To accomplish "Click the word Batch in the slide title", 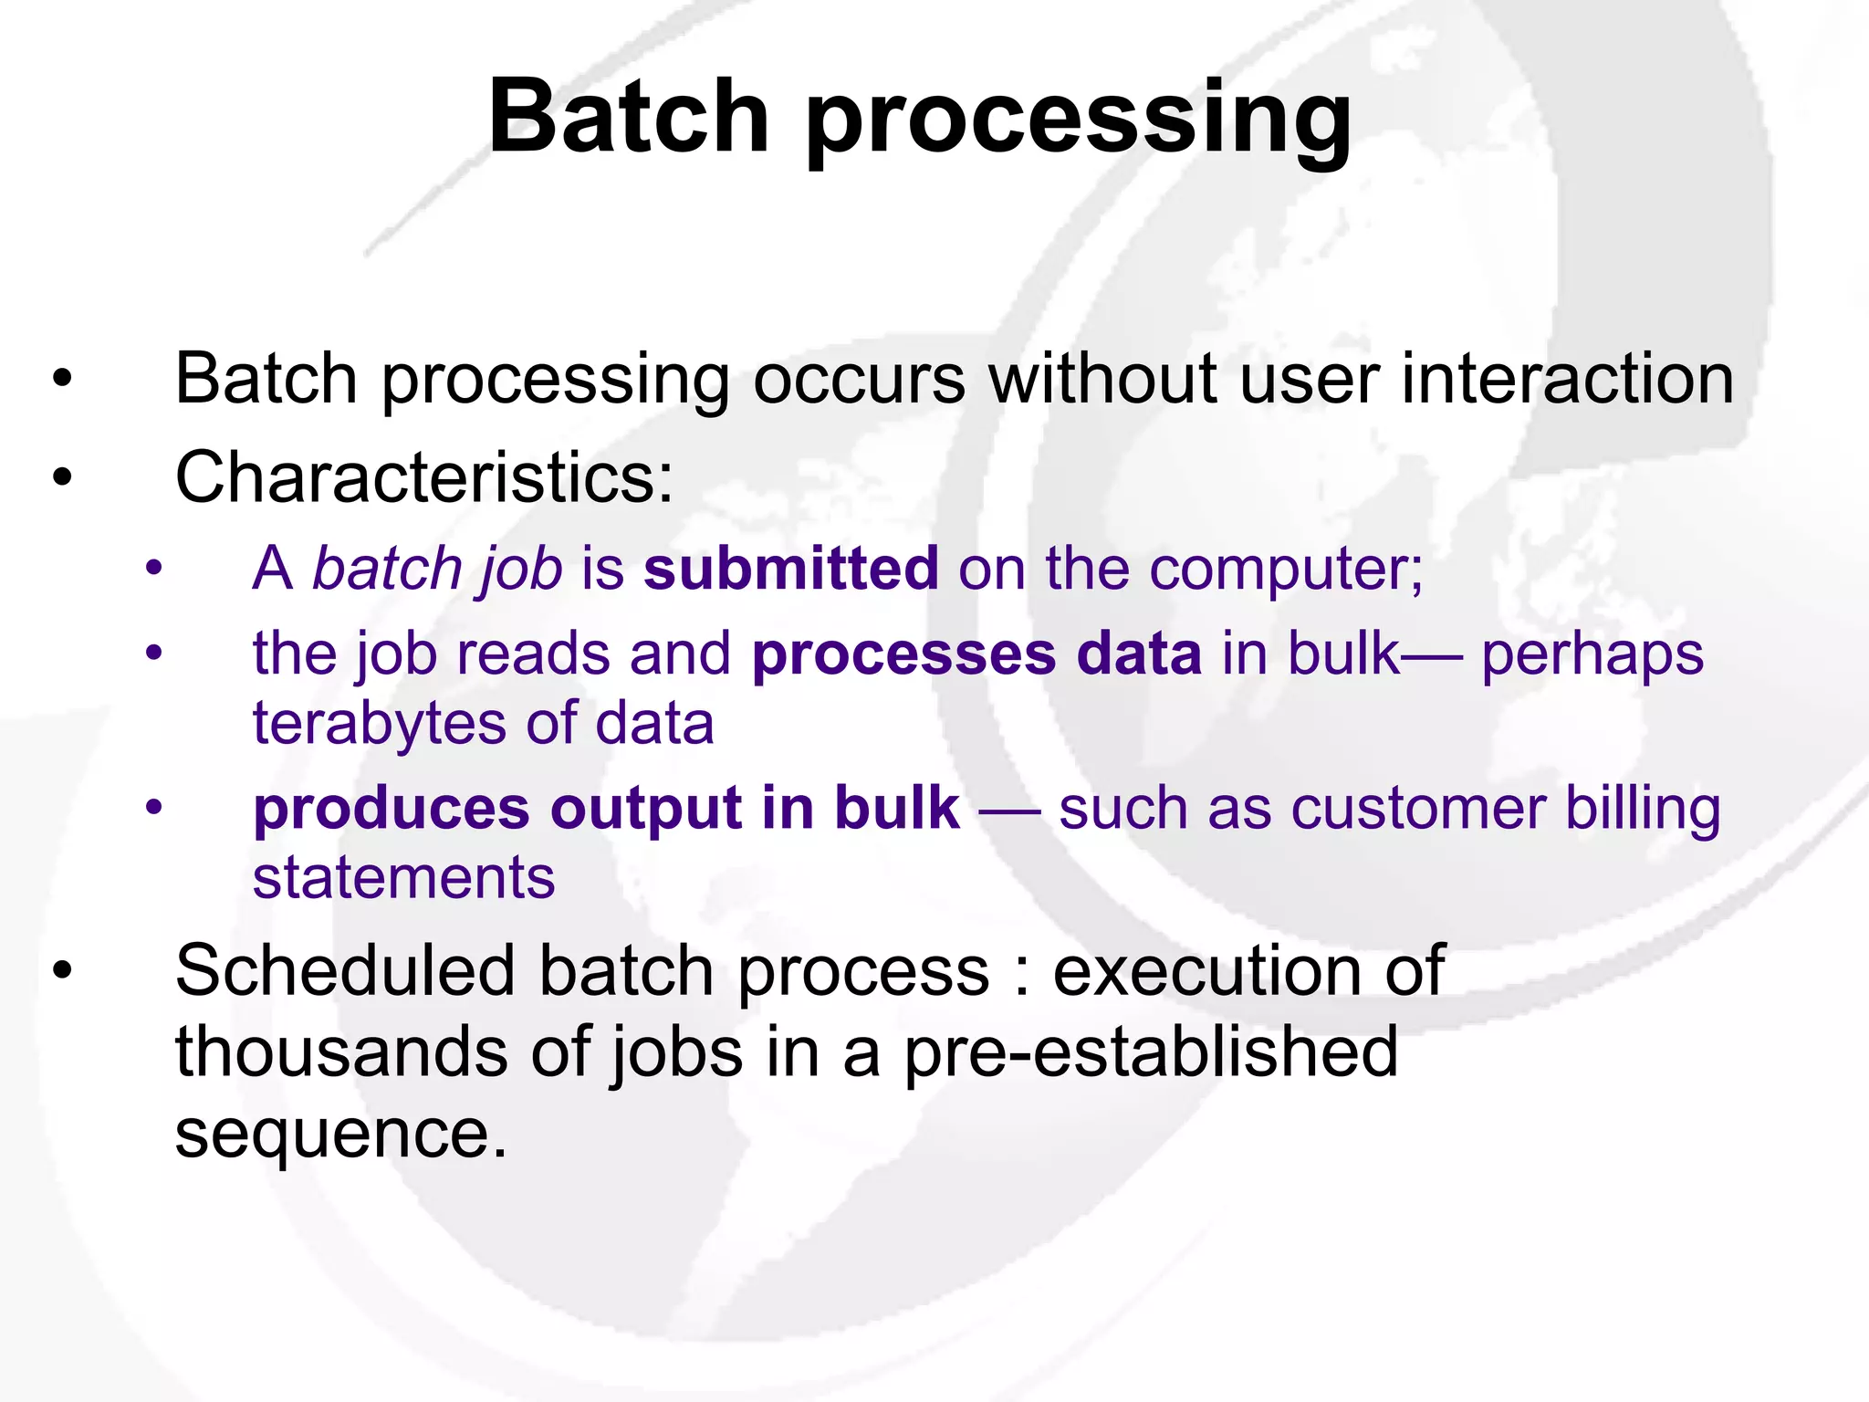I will pos(629,117).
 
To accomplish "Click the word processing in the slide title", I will pos(1078,123).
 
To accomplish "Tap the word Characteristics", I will pos(423,477).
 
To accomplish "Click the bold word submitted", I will pos(790,568).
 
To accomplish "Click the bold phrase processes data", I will pos(976,654).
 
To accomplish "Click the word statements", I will pos(403,877).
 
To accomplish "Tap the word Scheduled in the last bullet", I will pos(345,970).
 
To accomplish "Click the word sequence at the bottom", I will pos(339,1135).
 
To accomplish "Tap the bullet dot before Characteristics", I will pos(62,477).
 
